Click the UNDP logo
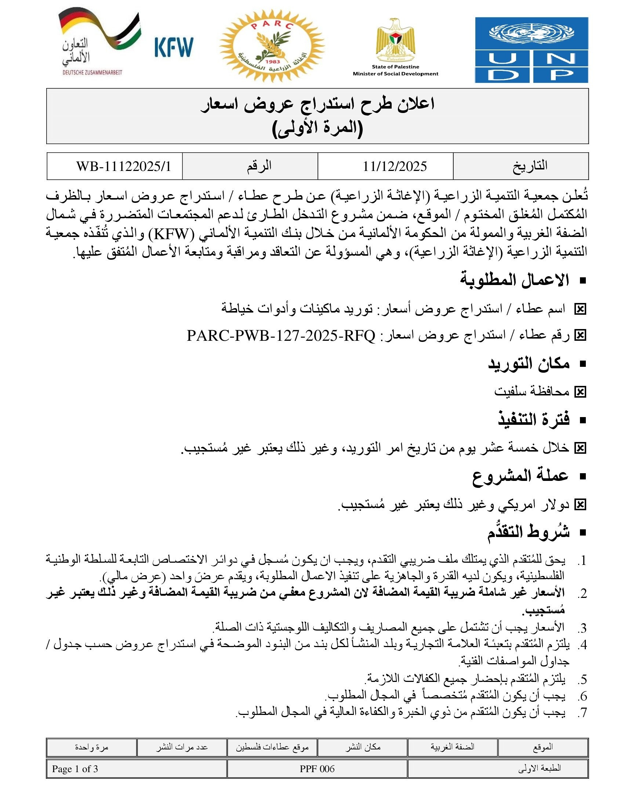pos(531,50)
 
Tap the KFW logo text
pos(174,47)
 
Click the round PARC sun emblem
pos(272,45)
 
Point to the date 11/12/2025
pos(395,167)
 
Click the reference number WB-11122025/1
pos(123,167)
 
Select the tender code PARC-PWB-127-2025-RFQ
pos(281,336)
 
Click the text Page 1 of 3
pos(75,769)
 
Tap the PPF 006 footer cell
pos(317,769)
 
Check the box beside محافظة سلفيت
pos(580,392)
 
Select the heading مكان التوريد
pos(529,364)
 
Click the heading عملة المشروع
pos(520,476)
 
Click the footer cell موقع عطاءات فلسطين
pos(272,748)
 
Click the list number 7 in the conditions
pos(583,712)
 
